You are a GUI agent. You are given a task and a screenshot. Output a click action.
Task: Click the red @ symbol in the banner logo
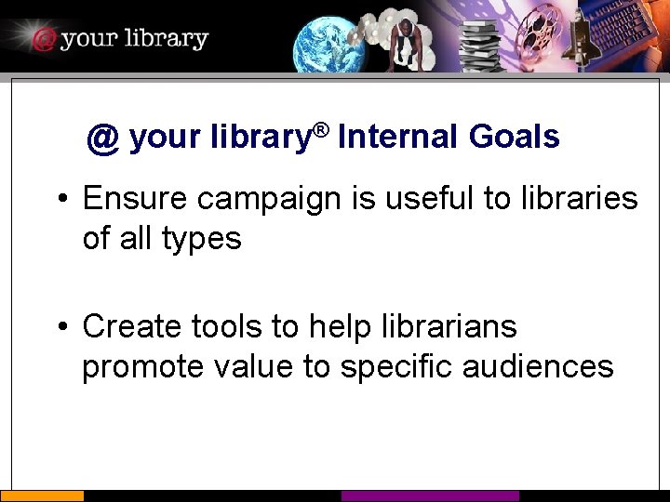(x=43, y=39)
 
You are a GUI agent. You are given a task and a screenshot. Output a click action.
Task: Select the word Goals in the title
(x=514, y=138)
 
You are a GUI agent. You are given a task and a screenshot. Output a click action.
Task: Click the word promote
(x=141, y=367)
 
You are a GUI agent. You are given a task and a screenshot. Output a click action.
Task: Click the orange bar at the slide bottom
(x=42, y=496)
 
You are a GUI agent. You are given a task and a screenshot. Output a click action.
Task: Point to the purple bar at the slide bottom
(x=430, y=496)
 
